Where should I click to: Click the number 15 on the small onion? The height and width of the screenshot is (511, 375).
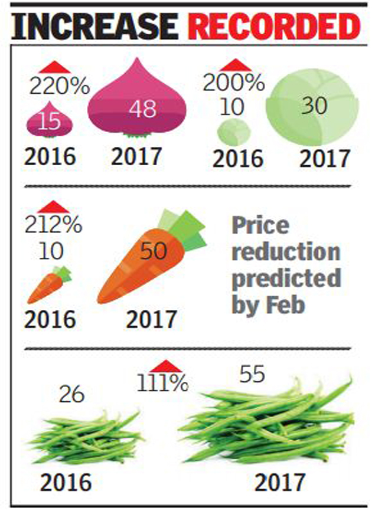click(x=51, y=121)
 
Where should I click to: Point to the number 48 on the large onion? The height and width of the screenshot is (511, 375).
click(x=142, y=110)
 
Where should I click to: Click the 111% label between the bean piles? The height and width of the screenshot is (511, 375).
click(x=162, y=384)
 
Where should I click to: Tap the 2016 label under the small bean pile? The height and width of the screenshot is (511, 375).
click(x=67, y=482)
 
